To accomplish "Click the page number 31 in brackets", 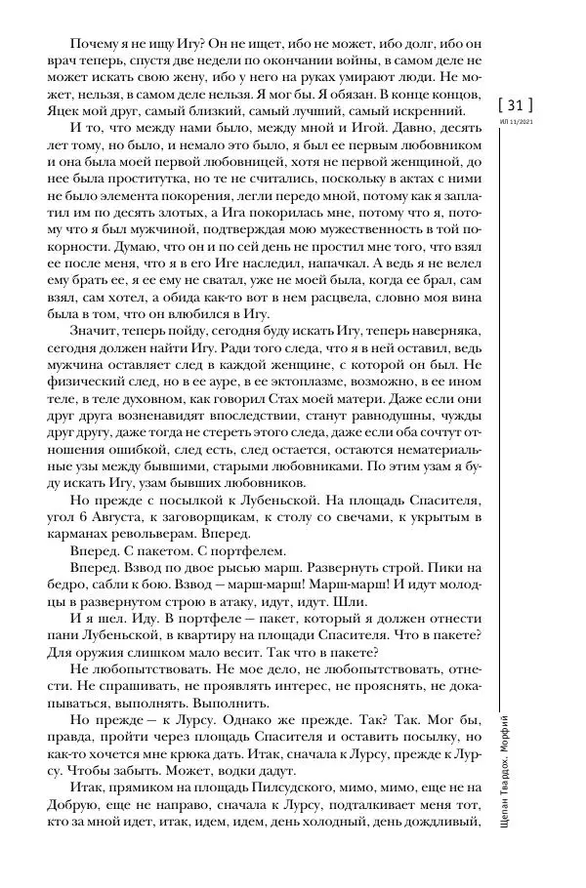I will [516, 103].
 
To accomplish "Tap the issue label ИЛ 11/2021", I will [516, 123].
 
